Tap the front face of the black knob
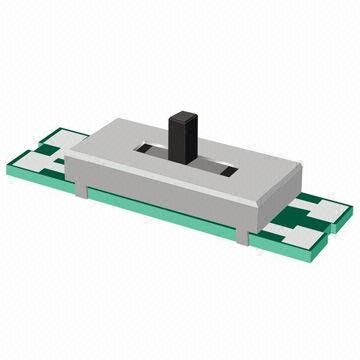pyautogui.click(x=181, y=140)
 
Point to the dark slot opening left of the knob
pyautogui.click(x=150, y=150)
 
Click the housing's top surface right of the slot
pyautogui.click(x=250, y=170)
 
